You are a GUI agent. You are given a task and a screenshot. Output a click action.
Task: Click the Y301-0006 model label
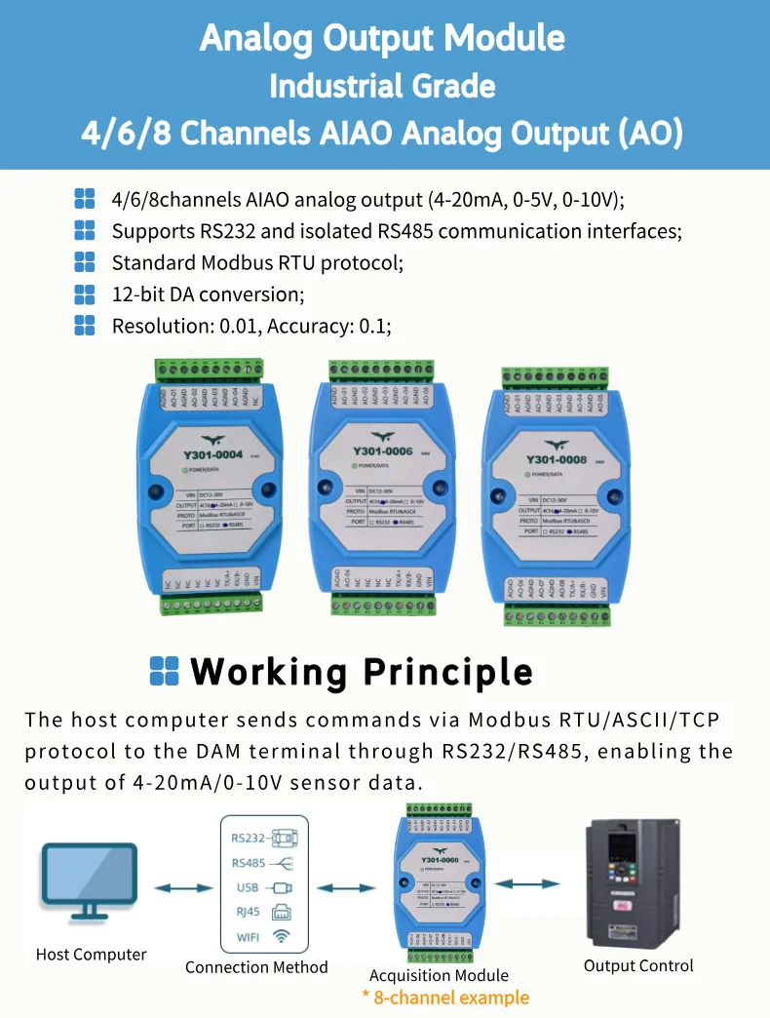(x=382, y=452)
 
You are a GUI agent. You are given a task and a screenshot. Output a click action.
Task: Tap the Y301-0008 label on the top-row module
(x=557, y=459)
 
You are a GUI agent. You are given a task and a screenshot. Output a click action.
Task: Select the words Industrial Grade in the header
(x=382, y=86)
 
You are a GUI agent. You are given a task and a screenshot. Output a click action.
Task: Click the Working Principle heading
(x=361, y=672)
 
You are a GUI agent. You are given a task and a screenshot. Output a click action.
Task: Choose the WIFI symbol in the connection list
(x=281, y=937)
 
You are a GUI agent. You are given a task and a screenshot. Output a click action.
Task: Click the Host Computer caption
(x=91, y=955)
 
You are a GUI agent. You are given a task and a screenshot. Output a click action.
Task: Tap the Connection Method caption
(x=256, y=967)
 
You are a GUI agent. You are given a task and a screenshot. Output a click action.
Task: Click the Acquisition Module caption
(x=439, y=975)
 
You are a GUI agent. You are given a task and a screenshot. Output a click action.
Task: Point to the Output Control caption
(x=638, y=965)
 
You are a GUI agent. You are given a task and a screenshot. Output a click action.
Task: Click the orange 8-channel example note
(x=445, y=998)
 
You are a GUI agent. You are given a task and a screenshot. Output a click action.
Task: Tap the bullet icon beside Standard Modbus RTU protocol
(x=85, y=262)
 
